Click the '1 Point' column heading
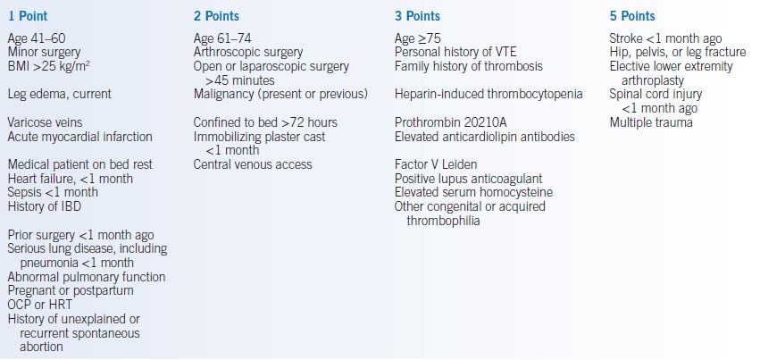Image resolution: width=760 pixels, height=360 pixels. click(28, 16)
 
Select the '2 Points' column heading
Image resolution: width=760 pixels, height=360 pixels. click(216, 16)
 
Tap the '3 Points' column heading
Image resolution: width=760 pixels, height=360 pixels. click(417, 16)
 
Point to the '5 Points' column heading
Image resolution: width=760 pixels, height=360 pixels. click(632, 16)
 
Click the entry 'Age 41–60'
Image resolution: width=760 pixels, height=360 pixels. click(37, 38)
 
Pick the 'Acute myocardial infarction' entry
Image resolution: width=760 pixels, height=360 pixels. click(80, 137)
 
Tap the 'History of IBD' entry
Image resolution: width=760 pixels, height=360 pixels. click(44, 206)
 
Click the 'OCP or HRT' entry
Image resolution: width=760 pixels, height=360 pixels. click(39, 306)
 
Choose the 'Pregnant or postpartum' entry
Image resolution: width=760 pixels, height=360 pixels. click(71, 290)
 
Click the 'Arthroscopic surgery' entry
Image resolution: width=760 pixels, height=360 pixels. click(248, 53)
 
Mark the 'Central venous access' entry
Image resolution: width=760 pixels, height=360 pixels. click(253, 164)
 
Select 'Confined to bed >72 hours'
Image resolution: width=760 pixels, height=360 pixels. click(265, 122)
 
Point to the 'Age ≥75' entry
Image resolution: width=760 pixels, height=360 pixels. click(417, 38)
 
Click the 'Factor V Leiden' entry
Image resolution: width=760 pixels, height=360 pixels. click(435, 164)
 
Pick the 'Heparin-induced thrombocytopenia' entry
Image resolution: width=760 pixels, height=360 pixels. click(489, 94)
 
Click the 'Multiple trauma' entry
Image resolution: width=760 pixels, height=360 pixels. click(651, 122)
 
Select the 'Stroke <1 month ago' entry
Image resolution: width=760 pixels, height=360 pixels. click(665, 38)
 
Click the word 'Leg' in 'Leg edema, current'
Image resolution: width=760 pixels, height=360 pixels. click(16, 94)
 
